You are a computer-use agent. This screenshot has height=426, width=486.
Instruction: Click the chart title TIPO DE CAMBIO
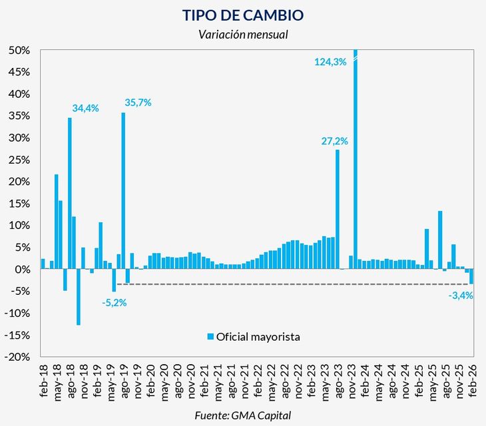[x=243, y=14]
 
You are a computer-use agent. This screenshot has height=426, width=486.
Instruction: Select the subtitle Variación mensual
[x=243, y=35]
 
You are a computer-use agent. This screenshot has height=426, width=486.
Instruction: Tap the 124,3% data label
[x=330, y=62]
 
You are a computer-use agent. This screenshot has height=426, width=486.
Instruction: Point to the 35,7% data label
[x=138, y=103]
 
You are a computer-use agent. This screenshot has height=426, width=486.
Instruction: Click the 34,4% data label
[x=85, y=108]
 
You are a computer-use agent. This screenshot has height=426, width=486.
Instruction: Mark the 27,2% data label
[x=335, y=141]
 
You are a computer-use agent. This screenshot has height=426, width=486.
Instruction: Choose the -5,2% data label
[x=115, y=302]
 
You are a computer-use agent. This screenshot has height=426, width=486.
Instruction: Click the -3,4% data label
[x=461, y=296]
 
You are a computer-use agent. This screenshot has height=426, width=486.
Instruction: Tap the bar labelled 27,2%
[x=338, y=209]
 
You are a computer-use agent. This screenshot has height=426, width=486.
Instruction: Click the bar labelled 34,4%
[x=70, y=193]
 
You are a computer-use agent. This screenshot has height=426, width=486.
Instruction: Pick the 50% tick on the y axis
[x=20, y=51]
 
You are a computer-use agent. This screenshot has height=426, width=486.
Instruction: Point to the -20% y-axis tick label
[x=19, y=357]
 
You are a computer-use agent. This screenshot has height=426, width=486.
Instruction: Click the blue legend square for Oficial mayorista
[x=211, y=337]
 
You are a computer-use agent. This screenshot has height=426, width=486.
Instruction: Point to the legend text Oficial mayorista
[x=259, y=337]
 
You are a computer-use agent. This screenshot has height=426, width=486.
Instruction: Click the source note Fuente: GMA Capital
[x=243, y=415]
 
